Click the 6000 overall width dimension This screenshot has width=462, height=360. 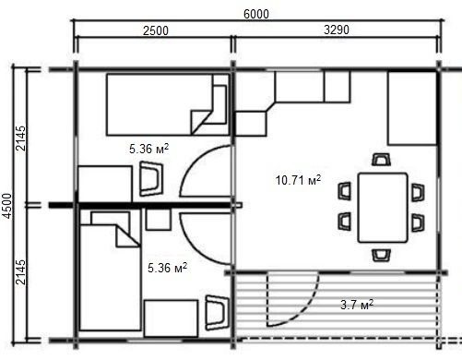pyautogui.click(x=256, y=14)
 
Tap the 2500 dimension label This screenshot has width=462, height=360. pyautogui.click(x=156, y=30)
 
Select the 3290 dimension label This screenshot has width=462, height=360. pyautogui.click(x=337, y=30)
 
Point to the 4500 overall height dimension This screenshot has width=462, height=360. pyautogui.click(x=7, y=206)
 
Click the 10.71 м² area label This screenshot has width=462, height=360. pyautogui.click(x=298, y=180)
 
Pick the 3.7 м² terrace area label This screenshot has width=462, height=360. pyautogui.click(x=357, y=305)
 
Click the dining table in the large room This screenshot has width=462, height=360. pyautogui.click(x=383, y=208)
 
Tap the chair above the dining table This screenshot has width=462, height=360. pyautogui.click(x=381, y=160)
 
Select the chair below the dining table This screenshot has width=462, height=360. pyautogui.click(x=382, y=256)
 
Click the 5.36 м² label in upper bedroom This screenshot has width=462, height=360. pyautogui.click(x=148, y=149)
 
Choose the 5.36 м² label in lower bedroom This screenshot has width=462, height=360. pyautogui.click(x=167, y=268)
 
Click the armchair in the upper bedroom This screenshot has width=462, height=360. pyautogui.click(x=151, y=179)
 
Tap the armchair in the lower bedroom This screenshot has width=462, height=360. pyautogui.click(x=218, y=313)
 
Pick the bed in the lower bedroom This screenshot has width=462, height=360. pyautogui.click(x=111, y=271)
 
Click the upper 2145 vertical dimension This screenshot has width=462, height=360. pyautogui.click(x=21, y=138)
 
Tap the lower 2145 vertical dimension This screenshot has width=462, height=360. pyautogui.click(x=21, y=272)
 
